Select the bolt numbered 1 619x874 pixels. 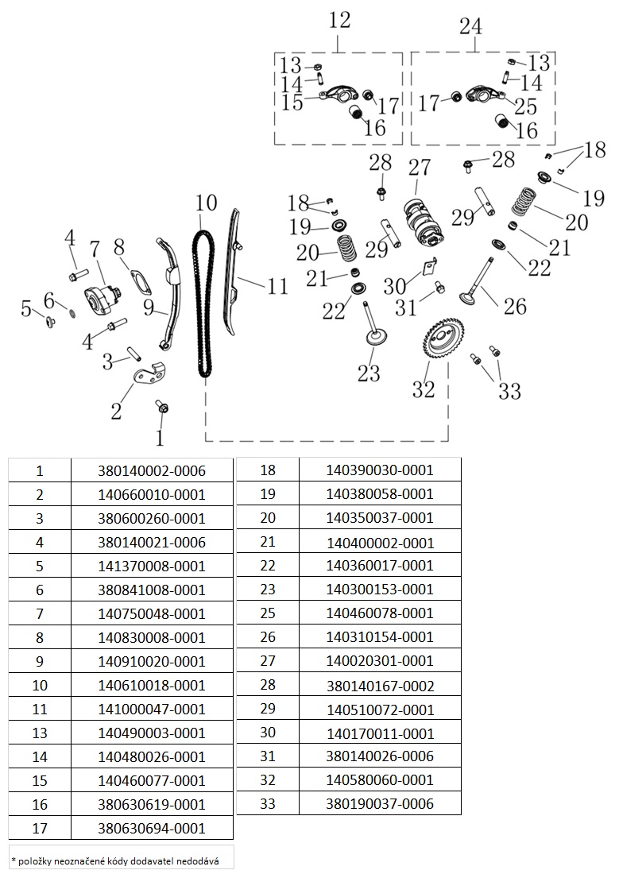163,408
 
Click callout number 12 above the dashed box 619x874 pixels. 339,21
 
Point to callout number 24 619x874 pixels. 470,26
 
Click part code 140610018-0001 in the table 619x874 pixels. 152,685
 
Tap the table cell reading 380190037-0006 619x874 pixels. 380,803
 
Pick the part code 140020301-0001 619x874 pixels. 380,660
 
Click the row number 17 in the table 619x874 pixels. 40,828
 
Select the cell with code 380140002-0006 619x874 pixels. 152,470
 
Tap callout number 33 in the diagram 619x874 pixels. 509,390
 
